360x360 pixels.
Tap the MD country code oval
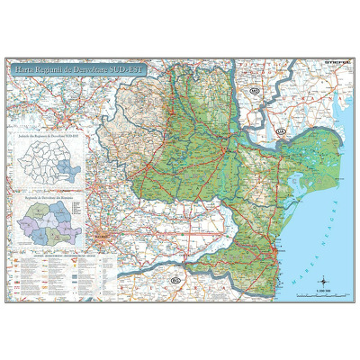coord(255,92)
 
